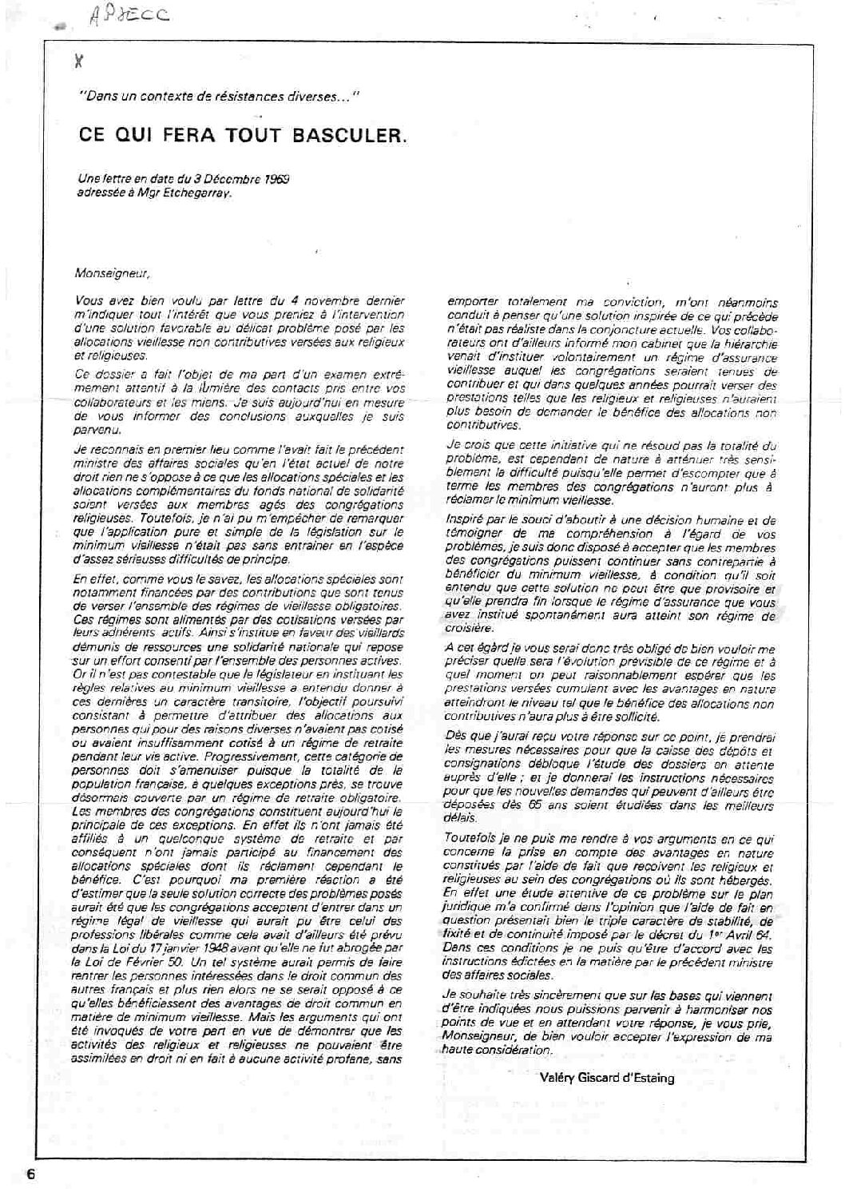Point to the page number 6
(x=31, y=1174)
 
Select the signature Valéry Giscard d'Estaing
(x=606, y=1078)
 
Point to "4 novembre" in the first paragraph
(x=315, y=301)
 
